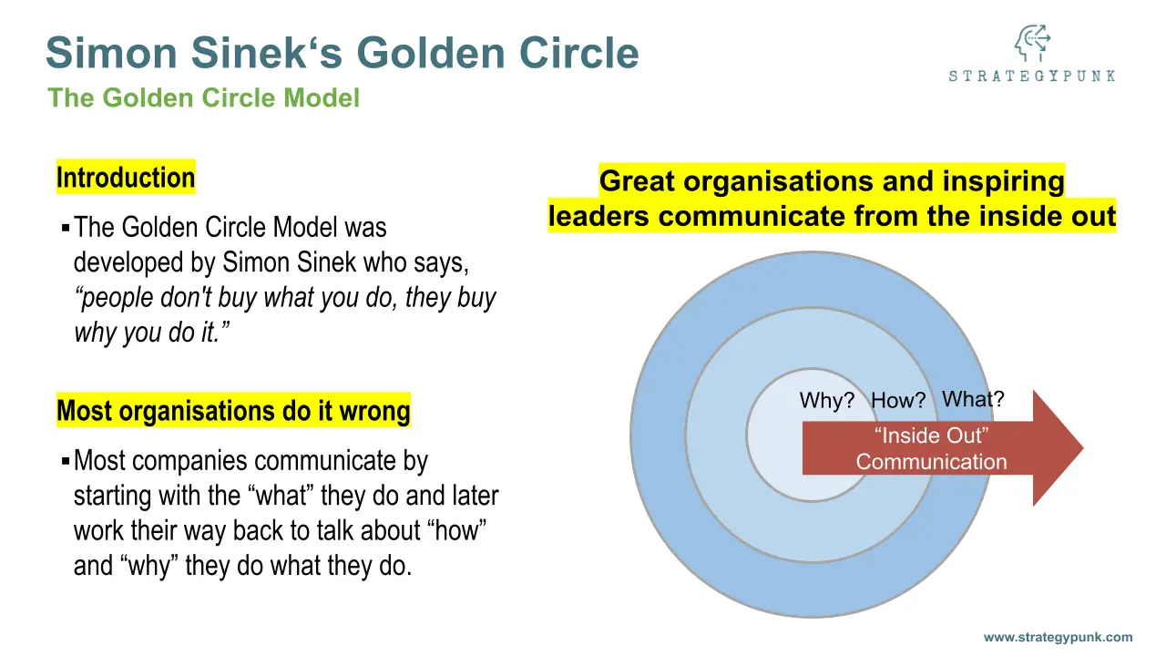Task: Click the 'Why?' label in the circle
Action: pos(826,400)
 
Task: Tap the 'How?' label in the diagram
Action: pos(898,400)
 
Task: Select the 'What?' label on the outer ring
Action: pos(973,399)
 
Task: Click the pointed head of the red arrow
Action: pos(1083,447)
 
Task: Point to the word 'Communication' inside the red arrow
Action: pos(931,462)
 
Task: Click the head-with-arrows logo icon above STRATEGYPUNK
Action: pos(1032,43)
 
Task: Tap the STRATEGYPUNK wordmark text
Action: pos(1032,76)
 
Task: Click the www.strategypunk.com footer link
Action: pos(1058,637)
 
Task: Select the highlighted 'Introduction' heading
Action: pos(126,177)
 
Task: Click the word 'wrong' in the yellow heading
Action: pos(374,410)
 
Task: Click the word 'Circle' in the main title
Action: pos(578,53)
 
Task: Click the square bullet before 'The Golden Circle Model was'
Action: pos(66,228)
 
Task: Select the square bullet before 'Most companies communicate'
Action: pos(66,461)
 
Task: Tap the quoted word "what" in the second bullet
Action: pos(284,495)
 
